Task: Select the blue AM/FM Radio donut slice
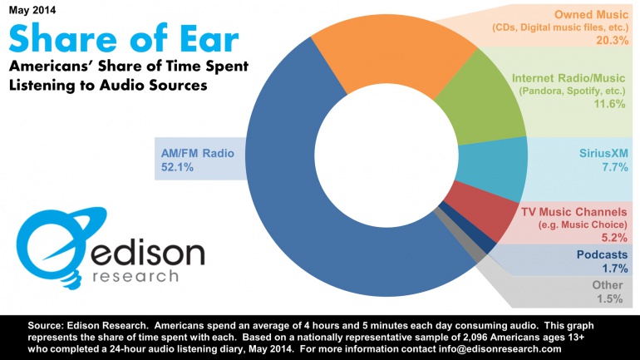coord(316,208)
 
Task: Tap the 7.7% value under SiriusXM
coord(612,169)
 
